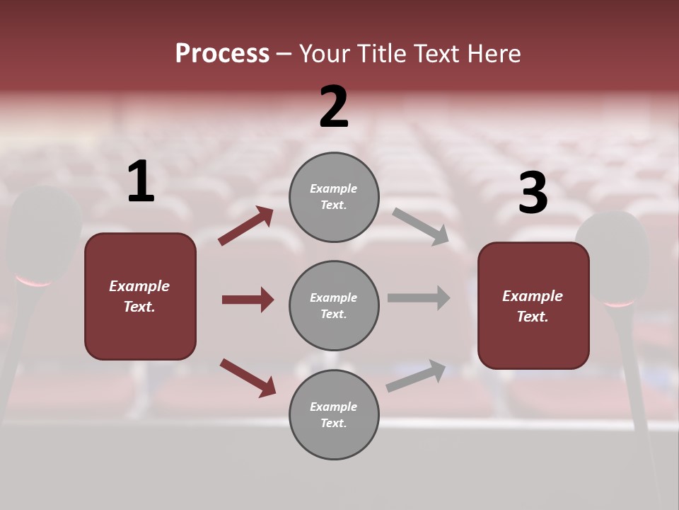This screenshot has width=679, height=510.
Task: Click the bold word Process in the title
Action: [222, 54]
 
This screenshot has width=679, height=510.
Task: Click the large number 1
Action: [141, 182]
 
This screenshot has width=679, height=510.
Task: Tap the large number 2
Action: [334, 107]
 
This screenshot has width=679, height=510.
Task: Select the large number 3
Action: [533, 193]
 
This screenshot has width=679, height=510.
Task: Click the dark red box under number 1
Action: [140, 296]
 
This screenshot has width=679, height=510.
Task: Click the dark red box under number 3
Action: [533, 305]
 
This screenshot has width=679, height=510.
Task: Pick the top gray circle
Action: [334, 197]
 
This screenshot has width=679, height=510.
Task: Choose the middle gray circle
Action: [334, 305]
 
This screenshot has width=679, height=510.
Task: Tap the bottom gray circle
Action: [334, 414]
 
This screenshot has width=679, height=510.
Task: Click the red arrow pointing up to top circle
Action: [245, 226]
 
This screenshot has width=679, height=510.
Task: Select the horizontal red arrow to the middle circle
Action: [248, 300]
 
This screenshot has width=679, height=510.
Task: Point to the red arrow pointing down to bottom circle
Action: [248, 378]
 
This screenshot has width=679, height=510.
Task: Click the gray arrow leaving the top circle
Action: [421, 227]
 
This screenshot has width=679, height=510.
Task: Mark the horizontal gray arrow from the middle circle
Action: [419, 297]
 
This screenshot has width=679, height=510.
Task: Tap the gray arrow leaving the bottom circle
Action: [416, 375]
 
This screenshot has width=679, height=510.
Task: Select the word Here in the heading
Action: [494, 54]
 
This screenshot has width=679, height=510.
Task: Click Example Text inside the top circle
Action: [334, 197]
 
